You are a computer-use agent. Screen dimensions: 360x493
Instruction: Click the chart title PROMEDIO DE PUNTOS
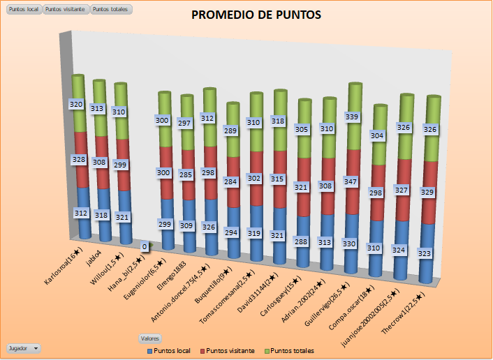[246, 15]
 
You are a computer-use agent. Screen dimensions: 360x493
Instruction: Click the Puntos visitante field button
[66, 9]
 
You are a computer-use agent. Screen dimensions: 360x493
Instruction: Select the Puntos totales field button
[110, 9]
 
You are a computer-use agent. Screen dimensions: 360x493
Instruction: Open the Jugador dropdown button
[22, 347]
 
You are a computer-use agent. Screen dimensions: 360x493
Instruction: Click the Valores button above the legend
[150, 338]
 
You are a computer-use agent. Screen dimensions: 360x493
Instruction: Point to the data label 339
[353, 117]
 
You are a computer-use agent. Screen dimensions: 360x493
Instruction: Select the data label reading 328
[80, 159]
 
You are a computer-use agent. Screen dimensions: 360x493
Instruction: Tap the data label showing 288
[302, 241]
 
